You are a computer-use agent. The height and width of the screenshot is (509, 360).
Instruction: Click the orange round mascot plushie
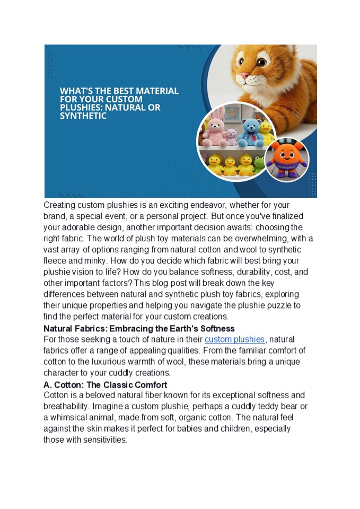[286, 157]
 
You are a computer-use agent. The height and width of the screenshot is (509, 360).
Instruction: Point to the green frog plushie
[259, 165]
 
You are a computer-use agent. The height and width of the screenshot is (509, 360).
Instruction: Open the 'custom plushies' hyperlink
[234, 339]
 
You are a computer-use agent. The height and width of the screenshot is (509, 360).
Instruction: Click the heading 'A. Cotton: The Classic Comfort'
[106, 384]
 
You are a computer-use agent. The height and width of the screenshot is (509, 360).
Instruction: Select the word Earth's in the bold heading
[179, 329]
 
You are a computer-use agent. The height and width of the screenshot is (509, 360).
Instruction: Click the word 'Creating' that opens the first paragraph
[59, 205]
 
